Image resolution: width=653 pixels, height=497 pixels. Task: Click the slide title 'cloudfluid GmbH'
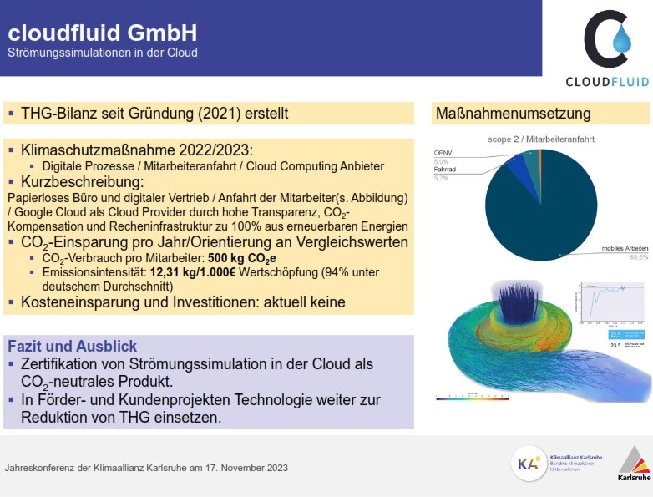click(x=102, y=33)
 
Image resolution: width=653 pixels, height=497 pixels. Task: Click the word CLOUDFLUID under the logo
click(x=607, y=81)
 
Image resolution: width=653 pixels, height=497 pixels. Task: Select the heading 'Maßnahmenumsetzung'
click(x=513, y=114)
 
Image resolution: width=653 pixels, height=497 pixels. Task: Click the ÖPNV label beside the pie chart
click(x=443, y=153)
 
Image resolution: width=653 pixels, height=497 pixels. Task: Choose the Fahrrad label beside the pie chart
click(x=447, y=170)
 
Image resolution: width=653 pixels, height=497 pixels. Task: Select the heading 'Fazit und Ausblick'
click(x=72, y=346)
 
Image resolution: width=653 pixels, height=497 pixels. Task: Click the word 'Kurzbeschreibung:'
click(x=83, y=181)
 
